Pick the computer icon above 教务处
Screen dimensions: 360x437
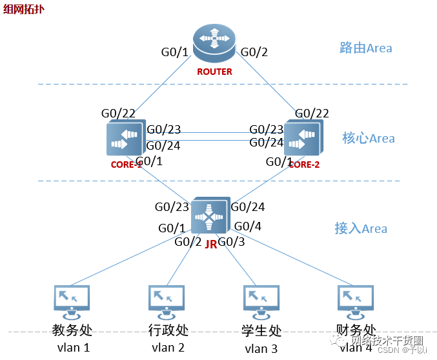[x=72, y=301]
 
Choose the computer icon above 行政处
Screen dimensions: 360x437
[x=167, y=301]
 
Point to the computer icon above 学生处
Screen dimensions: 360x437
[x=261, y=301]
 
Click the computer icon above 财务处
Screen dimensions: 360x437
[x=356, y=301]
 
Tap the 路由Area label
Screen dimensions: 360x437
[x=365, y=48]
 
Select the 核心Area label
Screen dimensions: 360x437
[x=368, y=138]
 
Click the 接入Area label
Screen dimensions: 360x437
[x=361, y=228]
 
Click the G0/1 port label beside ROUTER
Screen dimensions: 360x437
[x=174, y=52]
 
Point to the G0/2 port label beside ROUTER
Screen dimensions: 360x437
[x=254, y=52]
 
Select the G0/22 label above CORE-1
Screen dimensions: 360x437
[x=118, y=114]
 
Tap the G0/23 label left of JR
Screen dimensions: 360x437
[x=172, y=207]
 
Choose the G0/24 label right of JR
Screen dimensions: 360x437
[x=248, y=207]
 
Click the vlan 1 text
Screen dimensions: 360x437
[x=72, y=348]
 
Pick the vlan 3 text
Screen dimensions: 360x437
[x=261, y=349]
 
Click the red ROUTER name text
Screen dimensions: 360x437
[x=214, y=72]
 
